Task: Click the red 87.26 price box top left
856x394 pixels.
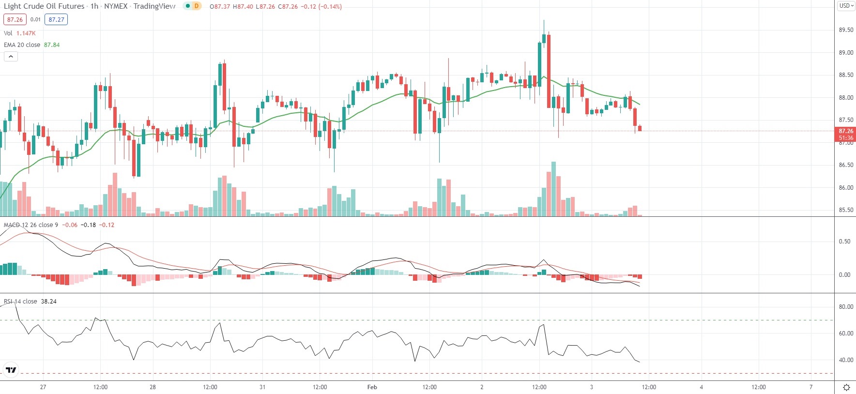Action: point(15,20)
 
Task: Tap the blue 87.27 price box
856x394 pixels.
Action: point(56,20)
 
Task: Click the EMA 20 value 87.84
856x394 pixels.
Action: point(52,45)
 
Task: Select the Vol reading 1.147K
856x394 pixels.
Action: point(26,33)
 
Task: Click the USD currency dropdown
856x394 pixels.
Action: point(846,6)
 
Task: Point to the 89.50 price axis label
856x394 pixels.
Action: point(846,30)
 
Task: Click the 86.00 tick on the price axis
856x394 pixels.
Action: point(846,188)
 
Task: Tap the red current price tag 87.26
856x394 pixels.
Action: point(846,131)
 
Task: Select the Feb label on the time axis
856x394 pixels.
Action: point(372,387)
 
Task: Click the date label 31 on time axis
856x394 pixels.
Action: point(262,387)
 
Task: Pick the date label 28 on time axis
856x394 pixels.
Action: point(153,387)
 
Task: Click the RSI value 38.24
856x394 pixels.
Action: point(48,302)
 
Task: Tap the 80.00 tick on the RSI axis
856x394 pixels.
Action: point(846,307)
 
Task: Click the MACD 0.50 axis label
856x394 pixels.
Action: point(844,242)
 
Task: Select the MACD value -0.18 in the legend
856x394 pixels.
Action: point(88,225)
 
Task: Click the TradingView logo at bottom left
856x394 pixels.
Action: point(11,370)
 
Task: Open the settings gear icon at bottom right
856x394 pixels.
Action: point(846,387)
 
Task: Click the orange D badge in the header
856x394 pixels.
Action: point(196,6)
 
